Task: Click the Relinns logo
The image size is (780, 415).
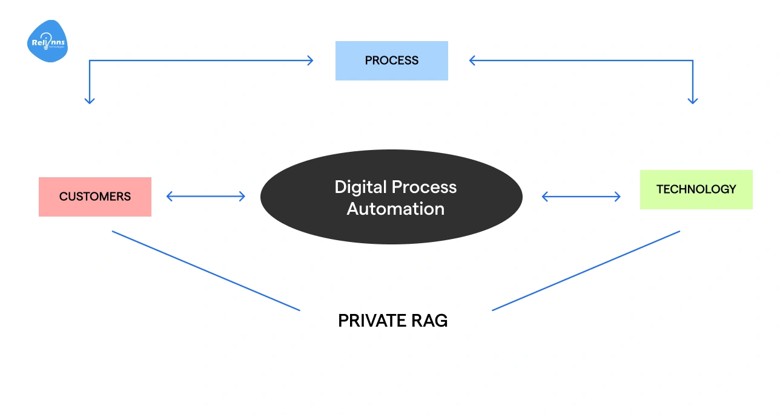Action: point(47,42)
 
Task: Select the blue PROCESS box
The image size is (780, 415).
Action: point(391,60)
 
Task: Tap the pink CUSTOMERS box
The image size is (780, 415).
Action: point(95,197)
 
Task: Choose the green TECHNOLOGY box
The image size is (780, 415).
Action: point(696,189)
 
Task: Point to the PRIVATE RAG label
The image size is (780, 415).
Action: point(392,321)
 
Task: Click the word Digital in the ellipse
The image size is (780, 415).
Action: point(361,187)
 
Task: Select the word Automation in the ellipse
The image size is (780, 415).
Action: point(395,209)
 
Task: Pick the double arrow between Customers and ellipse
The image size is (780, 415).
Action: point(206,196)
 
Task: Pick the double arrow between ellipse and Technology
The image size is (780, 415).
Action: point(581,196)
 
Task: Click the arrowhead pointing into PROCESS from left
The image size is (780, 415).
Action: point(311,60)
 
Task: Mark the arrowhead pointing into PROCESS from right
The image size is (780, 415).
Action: point(472,60)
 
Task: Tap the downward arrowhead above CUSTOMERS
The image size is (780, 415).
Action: point(90,100)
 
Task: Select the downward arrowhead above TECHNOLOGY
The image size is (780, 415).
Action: point(693,100)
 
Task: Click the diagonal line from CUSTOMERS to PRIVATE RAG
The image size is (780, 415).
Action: point(206,270)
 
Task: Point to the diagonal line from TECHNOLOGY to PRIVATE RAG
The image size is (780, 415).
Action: point(586,270)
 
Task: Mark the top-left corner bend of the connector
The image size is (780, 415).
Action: point(90,60)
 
